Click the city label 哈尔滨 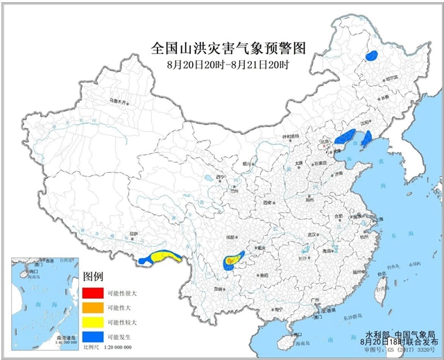click(391, 78)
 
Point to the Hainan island click(284, 341)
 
